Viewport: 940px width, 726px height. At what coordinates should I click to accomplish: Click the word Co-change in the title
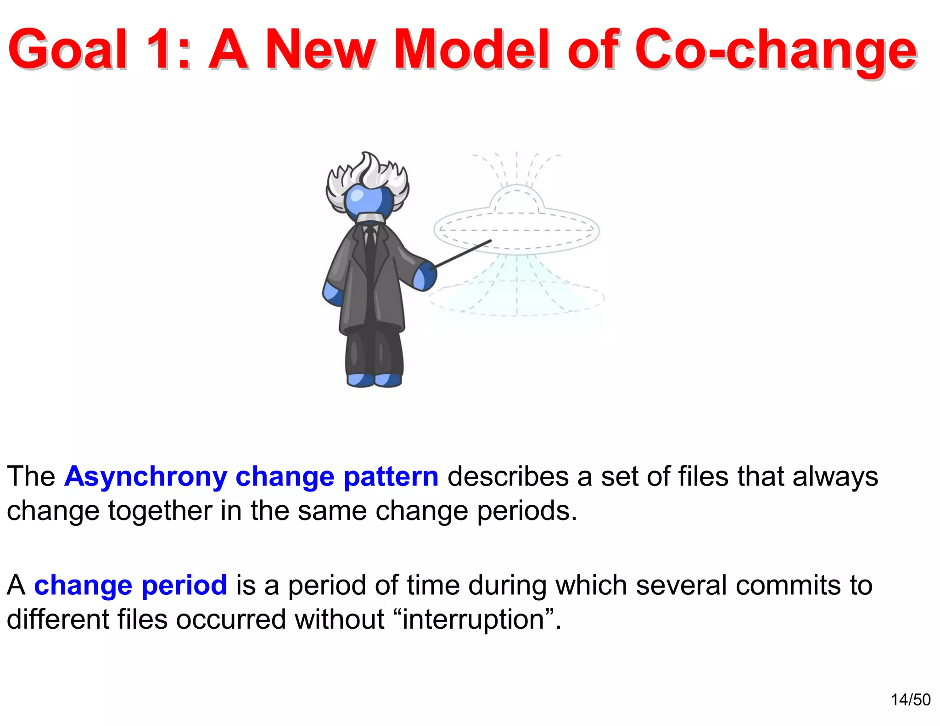click(x=776, y=50)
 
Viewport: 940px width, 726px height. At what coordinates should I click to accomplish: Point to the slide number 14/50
click(x=911, y=700)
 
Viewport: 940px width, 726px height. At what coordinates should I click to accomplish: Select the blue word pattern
click(x=391, y=477)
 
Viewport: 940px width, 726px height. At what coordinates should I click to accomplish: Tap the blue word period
click(x=184, y=586)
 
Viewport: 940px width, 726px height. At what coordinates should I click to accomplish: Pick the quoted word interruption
click(x=473, y=620)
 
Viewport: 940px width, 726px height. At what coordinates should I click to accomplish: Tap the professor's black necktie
click(x=370, y=248)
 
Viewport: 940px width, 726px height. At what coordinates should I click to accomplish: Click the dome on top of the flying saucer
click(x=517, y=200)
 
